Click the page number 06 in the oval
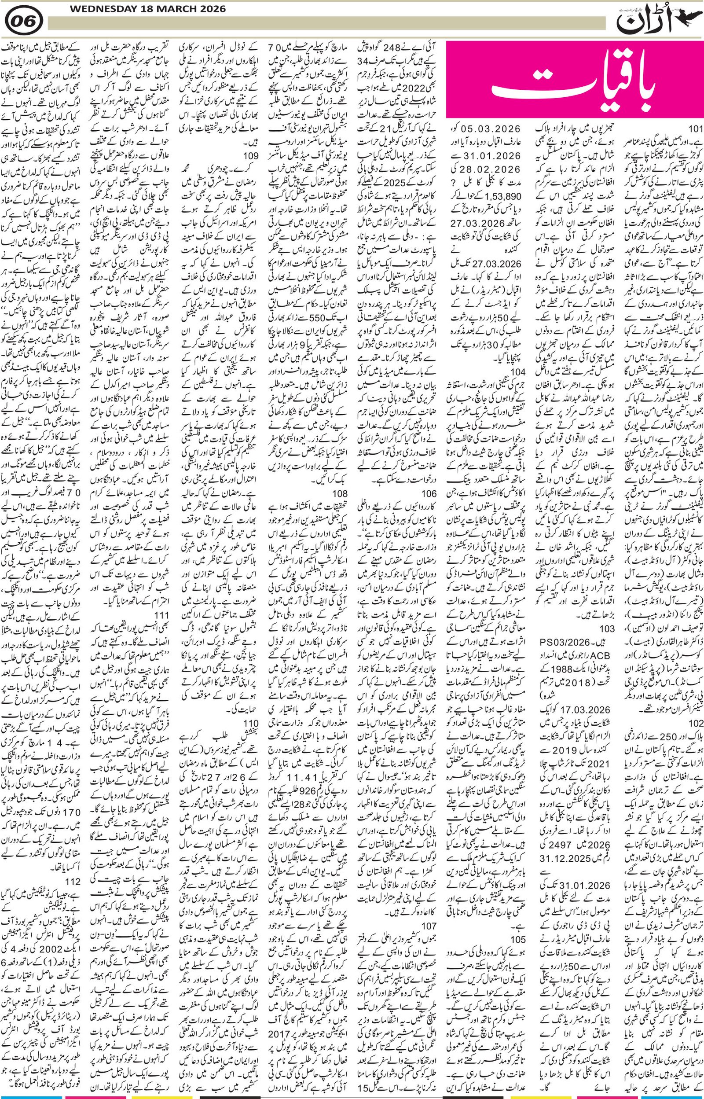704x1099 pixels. (26, 22)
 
